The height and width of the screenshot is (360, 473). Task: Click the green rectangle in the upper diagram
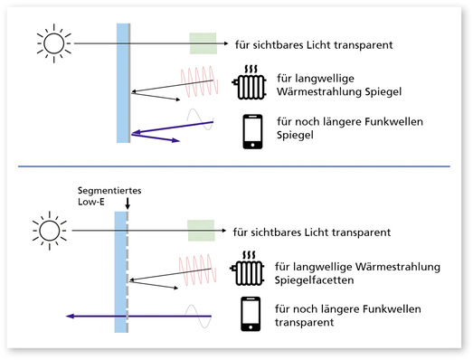[x=203, y=43]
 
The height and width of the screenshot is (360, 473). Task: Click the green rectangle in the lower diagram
[x=200, y=230]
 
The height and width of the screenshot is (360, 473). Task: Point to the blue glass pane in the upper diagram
[x=124, y=81]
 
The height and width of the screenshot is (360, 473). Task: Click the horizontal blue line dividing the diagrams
[x=235, y=166]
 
